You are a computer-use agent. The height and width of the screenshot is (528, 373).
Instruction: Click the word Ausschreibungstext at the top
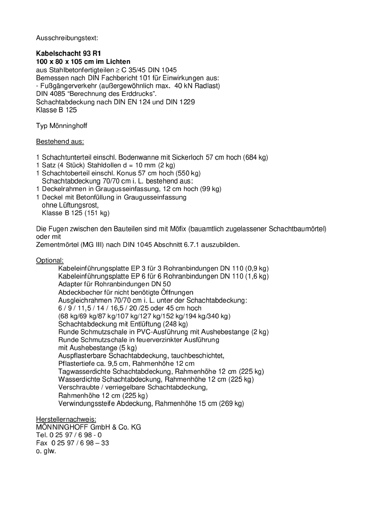pos(67,38)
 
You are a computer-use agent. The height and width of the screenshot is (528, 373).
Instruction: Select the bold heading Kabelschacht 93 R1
pos(68,54)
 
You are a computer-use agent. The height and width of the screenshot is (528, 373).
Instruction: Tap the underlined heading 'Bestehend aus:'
pos(60,141)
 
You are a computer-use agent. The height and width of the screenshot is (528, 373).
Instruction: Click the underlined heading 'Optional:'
pos(50,260)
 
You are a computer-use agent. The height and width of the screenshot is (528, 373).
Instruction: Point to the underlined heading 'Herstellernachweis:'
pos(66,419)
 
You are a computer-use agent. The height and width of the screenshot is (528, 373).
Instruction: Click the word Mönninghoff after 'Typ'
pos(68,126)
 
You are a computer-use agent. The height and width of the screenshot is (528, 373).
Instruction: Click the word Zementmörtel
pos(57,245)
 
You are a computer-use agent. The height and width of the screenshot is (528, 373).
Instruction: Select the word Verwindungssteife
pos(87,403)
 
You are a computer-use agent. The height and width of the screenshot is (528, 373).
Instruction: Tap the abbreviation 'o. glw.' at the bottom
pos(46,451)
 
